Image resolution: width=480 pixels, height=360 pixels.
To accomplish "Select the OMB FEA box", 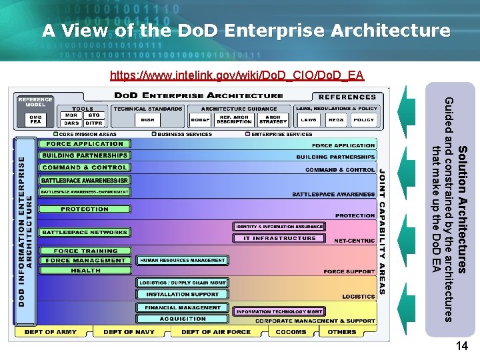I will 35,119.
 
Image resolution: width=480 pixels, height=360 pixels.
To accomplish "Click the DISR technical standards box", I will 147,119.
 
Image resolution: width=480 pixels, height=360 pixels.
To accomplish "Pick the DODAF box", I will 200,119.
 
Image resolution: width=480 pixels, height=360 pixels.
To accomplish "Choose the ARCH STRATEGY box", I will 273,119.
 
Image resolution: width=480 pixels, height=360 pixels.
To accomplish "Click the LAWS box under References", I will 308,120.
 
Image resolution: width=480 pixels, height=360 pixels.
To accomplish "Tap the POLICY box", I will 363,120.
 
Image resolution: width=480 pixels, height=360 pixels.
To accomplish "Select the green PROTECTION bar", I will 85,209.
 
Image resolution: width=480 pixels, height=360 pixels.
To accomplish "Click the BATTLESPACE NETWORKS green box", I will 85,233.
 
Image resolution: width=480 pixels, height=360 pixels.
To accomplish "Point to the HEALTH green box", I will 85,271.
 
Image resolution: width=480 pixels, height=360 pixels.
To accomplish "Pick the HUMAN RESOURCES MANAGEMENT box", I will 182,260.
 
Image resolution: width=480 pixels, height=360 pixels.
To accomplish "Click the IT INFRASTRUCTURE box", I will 279,238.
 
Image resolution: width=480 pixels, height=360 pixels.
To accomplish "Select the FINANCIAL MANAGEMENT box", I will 181,308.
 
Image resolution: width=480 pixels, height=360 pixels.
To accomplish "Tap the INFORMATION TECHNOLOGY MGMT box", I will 279,311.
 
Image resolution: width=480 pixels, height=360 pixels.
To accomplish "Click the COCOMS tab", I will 290,332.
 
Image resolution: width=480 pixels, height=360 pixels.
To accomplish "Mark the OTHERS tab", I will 343,332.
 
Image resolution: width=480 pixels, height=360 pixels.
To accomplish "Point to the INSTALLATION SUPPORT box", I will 182,294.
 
